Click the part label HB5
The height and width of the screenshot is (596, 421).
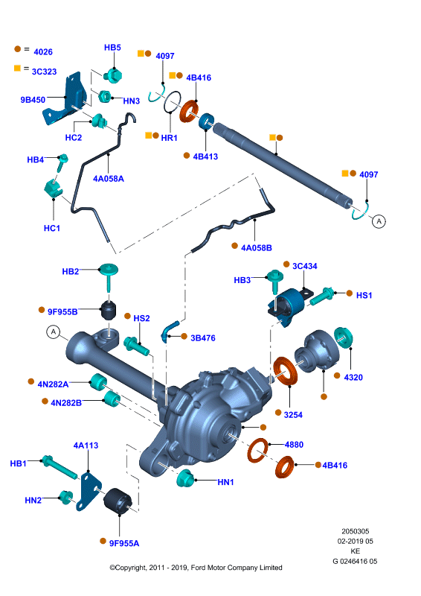(x=112, y=48)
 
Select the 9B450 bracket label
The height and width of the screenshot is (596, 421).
(x=33, y=100)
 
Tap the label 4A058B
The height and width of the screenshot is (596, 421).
(x=257, y=248)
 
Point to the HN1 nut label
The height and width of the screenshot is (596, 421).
(x=225, y=482)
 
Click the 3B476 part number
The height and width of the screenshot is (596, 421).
(x=203, y=338)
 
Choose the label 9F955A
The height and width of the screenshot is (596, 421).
(x=124, y=544)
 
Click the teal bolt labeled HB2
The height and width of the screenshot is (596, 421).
(x=109, y=277)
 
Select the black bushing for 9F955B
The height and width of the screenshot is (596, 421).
(x=109, y=311)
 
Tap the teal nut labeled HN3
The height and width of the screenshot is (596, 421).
(x=105, y=96)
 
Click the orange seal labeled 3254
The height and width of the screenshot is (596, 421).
(x=286, y=370)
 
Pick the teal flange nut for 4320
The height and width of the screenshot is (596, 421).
(x=343, y=337)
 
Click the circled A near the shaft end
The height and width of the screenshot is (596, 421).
(x=379, y=221)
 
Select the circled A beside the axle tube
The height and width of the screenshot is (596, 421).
(x=54, y=332)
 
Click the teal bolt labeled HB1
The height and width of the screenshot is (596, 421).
(x=60, y=467)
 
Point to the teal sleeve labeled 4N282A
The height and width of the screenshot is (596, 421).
(x=98, y=381)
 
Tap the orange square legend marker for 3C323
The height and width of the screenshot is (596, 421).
(x=17, y=68)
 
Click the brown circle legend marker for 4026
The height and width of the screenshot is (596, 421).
(x=17, y=49)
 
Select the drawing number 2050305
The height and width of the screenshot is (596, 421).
(x=356, y=531)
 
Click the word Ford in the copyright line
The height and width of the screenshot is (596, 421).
(x=199, y=568)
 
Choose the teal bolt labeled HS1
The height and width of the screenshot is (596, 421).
(x=321, y=297)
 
